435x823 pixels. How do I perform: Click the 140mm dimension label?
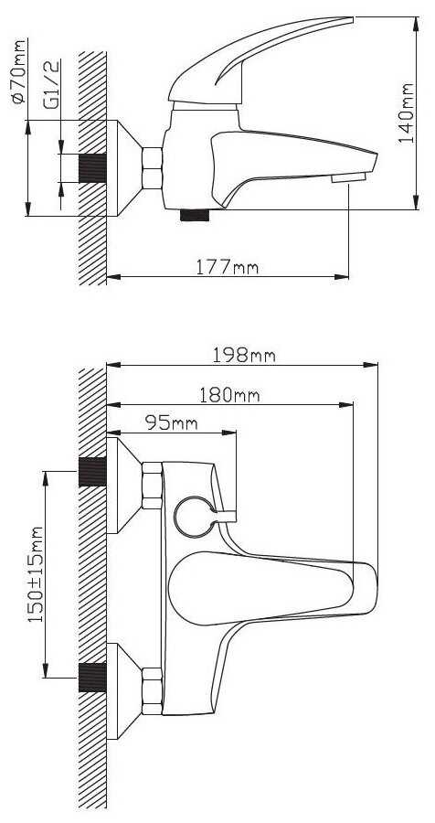(x=406, y=112)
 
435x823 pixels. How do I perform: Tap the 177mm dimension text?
(x=228, y=268)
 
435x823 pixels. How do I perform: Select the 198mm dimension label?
(x=244, y=356)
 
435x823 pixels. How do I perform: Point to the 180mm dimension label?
(x=229, y=395)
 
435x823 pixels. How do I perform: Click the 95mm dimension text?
(x=172, y=423)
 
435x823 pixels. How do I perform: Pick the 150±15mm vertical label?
(x=35, y=574)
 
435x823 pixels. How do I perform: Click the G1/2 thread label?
(x=52, y=84)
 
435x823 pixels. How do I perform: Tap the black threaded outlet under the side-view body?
(x=195, y=215)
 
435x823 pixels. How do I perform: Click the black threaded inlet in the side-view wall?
(x=93, y=168)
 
